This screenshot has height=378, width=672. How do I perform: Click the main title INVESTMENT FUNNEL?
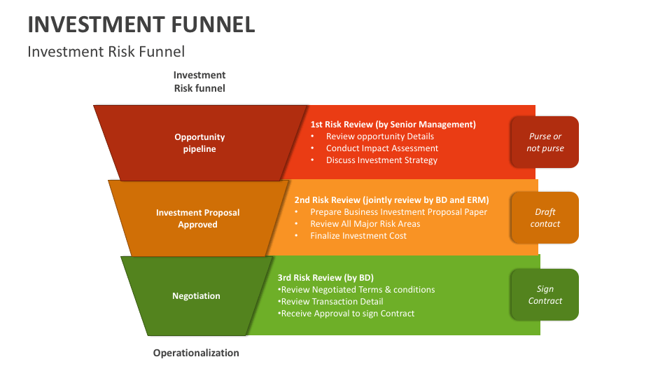pyautogui.click(x=141, y=24)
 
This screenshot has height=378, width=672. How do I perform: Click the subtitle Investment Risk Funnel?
pyautogui.click(x=106, y=52)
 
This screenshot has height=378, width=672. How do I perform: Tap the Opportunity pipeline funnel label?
pyautogui.click(x=199, y=143)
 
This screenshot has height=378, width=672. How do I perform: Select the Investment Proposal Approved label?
pyautogui.click(x=197, y=218)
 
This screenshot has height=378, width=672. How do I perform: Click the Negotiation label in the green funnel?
pyautogui.click(x=196, y=296)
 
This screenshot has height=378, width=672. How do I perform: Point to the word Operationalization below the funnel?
pyautogui.click(x=196, y=353)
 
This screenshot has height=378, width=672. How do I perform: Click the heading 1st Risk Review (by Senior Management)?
pyautogui.click(x=393, y=124)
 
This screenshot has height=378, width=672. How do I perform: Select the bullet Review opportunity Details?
pyautogui.click(x=380, y=136)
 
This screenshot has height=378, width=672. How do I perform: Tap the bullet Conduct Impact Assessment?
pyautogui.click(x=382, y=148)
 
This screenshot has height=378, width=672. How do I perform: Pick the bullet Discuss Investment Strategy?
pyautogui.click(x=381, y=160)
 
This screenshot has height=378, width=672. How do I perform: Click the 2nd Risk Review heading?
pyautogui.click(x=391, y=199)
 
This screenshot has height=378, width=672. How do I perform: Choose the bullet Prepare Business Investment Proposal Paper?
pyautogui.click(x=398, y=212)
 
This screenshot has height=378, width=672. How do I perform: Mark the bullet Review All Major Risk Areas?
pyautogui.click(x=365, y=224)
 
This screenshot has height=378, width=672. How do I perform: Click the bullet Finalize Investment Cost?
pyautogui.click(x=358, y=236)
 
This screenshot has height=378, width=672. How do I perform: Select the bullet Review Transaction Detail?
pyautogui.click(x=331, y=302)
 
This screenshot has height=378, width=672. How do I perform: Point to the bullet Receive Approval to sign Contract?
pyautogui.click(x=346, y=314)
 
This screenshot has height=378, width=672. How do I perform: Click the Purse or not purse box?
pyautogui.click(x=545, y=142)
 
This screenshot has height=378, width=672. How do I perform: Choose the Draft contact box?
pyautogui.click(x=545, y=218)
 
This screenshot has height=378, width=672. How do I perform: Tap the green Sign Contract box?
pyautogui.click(x=545, y=295)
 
